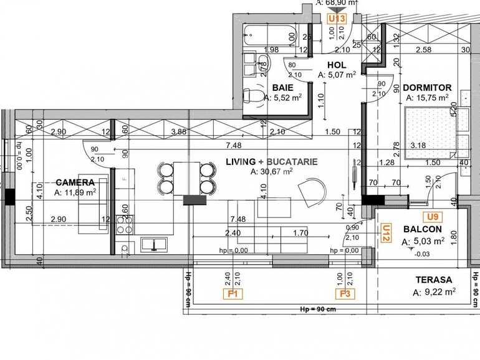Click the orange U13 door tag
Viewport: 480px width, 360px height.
pos(337,19)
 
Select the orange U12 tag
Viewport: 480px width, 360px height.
pos(385,233)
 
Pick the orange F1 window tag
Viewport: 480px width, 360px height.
pos(235,293)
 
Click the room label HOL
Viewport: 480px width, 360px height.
pos(337,64)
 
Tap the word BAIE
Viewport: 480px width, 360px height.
pos(282,87)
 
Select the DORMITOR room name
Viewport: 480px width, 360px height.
pos(426,87)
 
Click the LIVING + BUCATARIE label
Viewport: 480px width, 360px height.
pos(272,161)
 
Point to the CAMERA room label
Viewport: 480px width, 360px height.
pos(75,182)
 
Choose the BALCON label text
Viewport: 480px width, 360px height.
pos(422,229)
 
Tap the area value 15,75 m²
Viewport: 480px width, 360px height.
pos(428,97)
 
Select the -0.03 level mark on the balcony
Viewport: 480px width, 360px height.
pos(422,254)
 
